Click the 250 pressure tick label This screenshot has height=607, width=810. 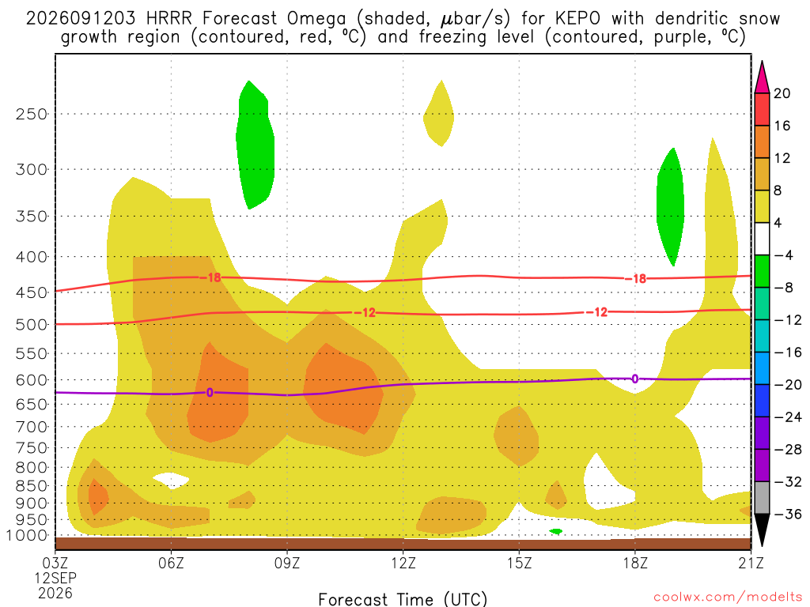pyautogui.click(x=32, y=114)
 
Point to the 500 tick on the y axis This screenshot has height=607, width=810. pyautogui.click(x=32, y=325)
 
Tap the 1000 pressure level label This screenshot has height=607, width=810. pyautogui.click(x=28, y=536)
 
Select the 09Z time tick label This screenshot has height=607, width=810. pyautogui.click(x=287, y=563)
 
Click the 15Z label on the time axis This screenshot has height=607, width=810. pyautogui.click(x=519, y=563)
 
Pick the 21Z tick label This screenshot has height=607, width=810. pyautogui.click(x=751, y=563)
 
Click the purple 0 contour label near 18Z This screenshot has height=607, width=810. pyautogui.click(x=635, y=379)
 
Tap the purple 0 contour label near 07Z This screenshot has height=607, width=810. pyautogui.click(x=209, y=393)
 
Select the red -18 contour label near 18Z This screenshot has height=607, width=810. pyautogui.click(x=636, y=279)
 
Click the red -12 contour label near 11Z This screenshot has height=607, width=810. pyautogui.click(x=365, y=313)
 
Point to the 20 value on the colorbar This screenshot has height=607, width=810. pyautogui.click(x=782, y=93)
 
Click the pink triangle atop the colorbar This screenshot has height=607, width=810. pyautogui.click(x=762, y=77)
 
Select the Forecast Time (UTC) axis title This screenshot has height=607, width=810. pyautogui.click(x=403, y=599)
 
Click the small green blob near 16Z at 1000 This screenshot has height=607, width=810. pyautogui.click(x=556, y=531)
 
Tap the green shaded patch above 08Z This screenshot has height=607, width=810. pyautogui.click(x=255, y=145)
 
